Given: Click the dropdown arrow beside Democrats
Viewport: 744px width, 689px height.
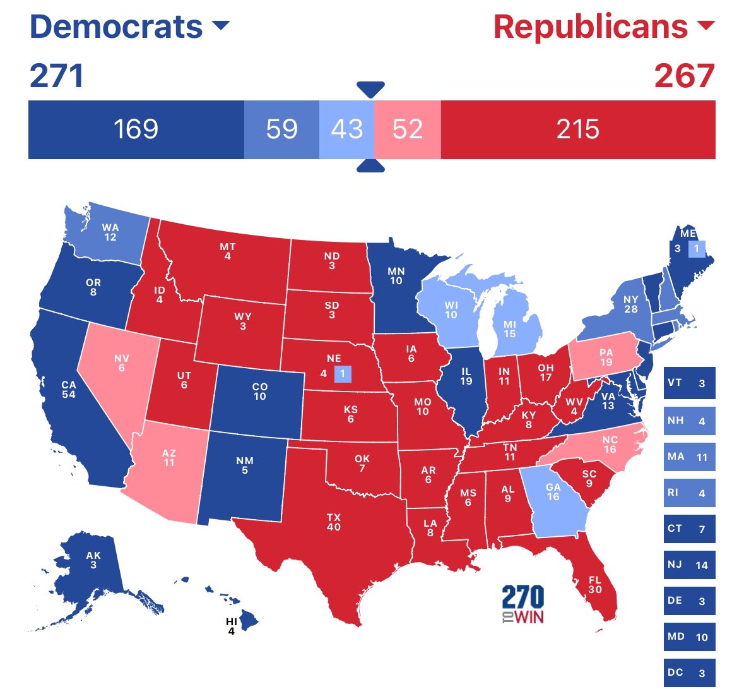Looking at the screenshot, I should click(221, 26).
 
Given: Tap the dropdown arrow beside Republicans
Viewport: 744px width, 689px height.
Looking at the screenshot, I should click(706, 26).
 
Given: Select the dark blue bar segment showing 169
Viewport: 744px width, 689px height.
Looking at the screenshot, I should click(136, 129).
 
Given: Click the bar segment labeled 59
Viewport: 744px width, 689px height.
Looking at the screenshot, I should click(281, 129).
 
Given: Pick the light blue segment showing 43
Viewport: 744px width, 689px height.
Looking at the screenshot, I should click(346, 129).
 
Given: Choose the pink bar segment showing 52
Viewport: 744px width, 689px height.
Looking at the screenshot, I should click(407, 129).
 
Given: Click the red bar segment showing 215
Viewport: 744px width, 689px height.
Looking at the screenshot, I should click(577, 129).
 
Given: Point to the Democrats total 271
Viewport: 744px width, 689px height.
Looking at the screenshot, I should click(57, 76).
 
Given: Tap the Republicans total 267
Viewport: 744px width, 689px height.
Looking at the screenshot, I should click(684, 76).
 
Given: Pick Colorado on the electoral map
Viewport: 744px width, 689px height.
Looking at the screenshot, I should click(259, 392).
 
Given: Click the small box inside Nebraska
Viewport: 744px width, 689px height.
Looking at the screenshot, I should click(342, 373).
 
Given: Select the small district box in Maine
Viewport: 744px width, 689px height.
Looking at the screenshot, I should click(697, 249).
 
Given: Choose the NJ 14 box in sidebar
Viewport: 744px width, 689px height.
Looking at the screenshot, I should click(689, 565).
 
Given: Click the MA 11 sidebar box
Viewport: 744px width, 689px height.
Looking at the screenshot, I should click(689, 457).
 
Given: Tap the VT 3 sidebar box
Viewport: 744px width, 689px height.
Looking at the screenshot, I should click(689, 383).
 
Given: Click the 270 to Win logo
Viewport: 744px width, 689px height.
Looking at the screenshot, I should click(523, 604).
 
